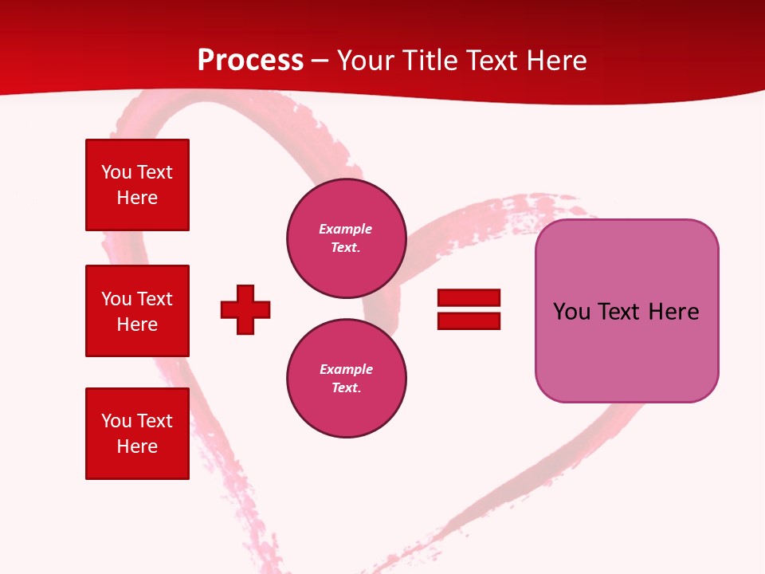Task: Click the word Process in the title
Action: [x=250, y=61]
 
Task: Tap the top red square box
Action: [x=137, y=185]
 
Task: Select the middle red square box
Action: [x=137, y=311]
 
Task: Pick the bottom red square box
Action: [x=137, y=434]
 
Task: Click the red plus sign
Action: [x=245, y=309]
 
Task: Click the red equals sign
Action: [x=469, y=309]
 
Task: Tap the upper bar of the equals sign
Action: [x=469, y=298]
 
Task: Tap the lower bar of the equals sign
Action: [x=469, y=320]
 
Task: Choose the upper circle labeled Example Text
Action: [x=346, y=238]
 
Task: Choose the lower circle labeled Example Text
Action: [x=346, y=379]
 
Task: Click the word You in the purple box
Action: [x=571, y=312]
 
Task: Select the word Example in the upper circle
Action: [x=346, y=229]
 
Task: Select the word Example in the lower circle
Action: [x=346, y=369]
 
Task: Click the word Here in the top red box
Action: [x=137, y=198]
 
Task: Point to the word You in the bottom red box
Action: [x=116, y=421]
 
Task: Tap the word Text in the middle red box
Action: [x=154, y=299]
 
